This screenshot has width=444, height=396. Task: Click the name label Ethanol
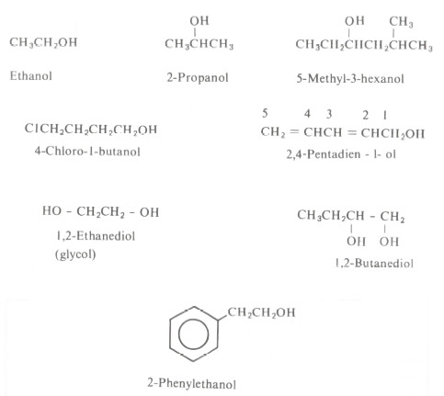30,75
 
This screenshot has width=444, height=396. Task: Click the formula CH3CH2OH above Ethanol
43,42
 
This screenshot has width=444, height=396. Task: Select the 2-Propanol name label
198,77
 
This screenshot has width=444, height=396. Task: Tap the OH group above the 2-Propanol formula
199,21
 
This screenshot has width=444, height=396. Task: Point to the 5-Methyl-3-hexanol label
350,79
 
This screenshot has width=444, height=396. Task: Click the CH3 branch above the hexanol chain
401,22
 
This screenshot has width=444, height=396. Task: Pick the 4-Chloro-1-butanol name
87,152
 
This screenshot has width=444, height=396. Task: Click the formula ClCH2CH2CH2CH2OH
91,130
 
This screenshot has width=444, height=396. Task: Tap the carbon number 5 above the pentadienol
265,113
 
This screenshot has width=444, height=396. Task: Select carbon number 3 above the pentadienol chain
329,114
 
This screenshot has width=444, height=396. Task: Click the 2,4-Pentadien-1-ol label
341,154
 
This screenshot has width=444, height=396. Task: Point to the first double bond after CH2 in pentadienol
293,132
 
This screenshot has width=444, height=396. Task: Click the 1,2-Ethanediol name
96,236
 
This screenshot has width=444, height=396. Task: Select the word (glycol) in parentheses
75,254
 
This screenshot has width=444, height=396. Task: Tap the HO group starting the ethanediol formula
51,210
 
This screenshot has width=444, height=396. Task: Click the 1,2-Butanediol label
374,263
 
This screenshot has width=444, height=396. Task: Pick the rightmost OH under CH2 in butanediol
389,242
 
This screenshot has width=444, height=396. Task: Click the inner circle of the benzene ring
193,334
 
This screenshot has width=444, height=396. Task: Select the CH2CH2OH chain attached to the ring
261,312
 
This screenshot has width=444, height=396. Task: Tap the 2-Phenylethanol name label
192,383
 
